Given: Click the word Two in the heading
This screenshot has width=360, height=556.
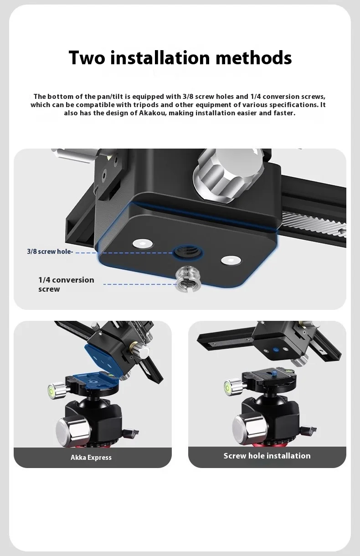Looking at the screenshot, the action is click(87, 57).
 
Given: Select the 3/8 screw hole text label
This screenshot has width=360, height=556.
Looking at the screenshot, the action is click(50, 252).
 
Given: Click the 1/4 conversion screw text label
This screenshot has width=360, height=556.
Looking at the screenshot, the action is click(66, 284).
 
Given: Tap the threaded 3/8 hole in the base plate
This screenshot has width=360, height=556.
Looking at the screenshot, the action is click(188, 252).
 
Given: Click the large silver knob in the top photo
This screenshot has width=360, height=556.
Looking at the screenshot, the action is click(228, 176).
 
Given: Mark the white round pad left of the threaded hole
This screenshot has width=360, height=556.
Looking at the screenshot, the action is click(143, 243).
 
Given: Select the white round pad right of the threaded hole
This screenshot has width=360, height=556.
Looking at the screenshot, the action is click(231, 260).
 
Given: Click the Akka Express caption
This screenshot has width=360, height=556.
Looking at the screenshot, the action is click(91, 458).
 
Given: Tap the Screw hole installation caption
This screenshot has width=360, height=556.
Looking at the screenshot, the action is click(267, 456).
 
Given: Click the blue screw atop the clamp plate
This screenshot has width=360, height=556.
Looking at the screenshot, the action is click(274, 373).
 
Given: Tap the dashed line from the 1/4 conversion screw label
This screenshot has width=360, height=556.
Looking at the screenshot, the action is click(140, 284).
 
